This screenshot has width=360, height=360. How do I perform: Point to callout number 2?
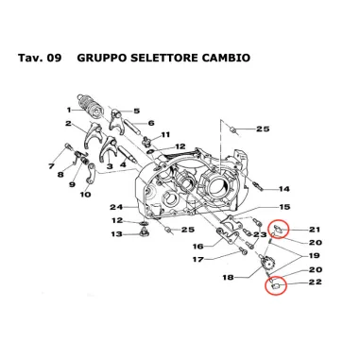coord(69,124)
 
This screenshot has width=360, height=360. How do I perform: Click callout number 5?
coord(137,111)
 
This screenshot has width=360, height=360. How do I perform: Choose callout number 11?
coord(165,135)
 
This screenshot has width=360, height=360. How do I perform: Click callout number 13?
coord(118,234)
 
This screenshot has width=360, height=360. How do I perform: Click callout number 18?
coord(227,279)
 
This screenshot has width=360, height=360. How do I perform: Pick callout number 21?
coord(315,229)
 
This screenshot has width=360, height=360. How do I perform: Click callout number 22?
coord(315,282)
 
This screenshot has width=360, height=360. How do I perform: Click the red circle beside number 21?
coord(279,229)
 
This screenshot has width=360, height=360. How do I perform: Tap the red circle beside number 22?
coord(275,280)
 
